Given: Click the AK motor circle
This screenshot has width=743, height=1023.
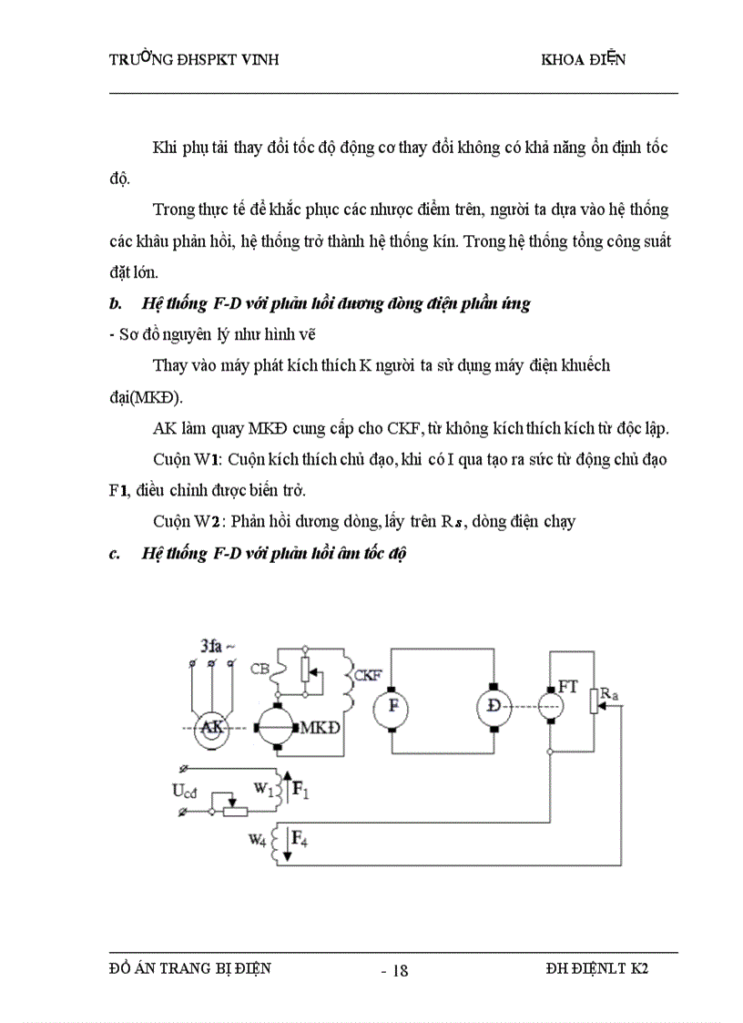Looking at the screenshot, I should click(x=210, y=728).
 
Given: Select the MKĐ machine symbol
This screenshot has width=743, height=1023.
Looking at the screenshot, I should click(x=275, y=728).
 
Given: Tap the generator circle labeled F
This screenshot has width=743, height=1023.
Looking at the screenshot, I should click(x=392, y=706).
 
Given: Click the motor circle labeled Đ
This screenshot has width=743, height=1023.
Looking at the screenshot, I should click(x=494, y=706).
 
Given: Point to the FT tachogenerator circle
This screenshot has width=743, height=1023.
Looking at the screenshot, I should click(x=549, y=706).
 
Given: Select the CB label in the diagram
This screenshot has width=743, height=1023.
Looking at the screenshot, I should click(x=259, y=670).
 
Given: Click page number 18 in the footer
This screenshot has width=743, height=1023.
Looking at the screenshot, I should click(x=398, y=970).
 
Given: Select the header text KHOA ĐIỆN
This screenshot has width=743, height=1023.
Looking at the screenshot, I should click(x=583, y=60).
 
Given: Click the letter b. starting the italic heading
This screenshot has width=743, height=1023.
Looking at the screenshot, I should click(x=115, y=304).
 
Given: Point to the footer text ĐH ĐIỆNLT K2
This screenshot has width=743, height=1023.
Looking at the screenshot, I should click(x=592, y=968).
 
